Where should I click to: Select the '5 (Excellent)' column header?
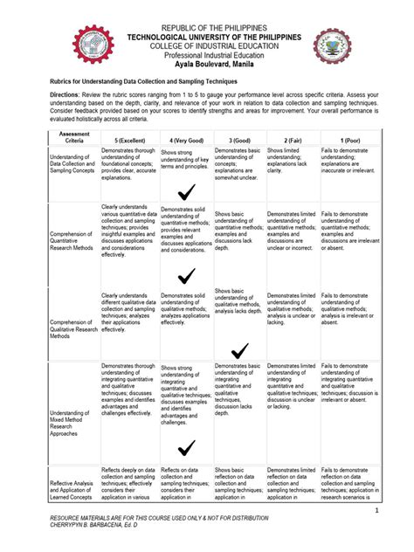pos(128,140)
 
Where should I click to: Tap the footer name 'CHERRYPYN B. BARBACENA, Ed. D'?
pos(101,526)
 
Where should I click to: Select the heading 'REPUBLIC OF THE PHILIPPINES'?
pos(206,29)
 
